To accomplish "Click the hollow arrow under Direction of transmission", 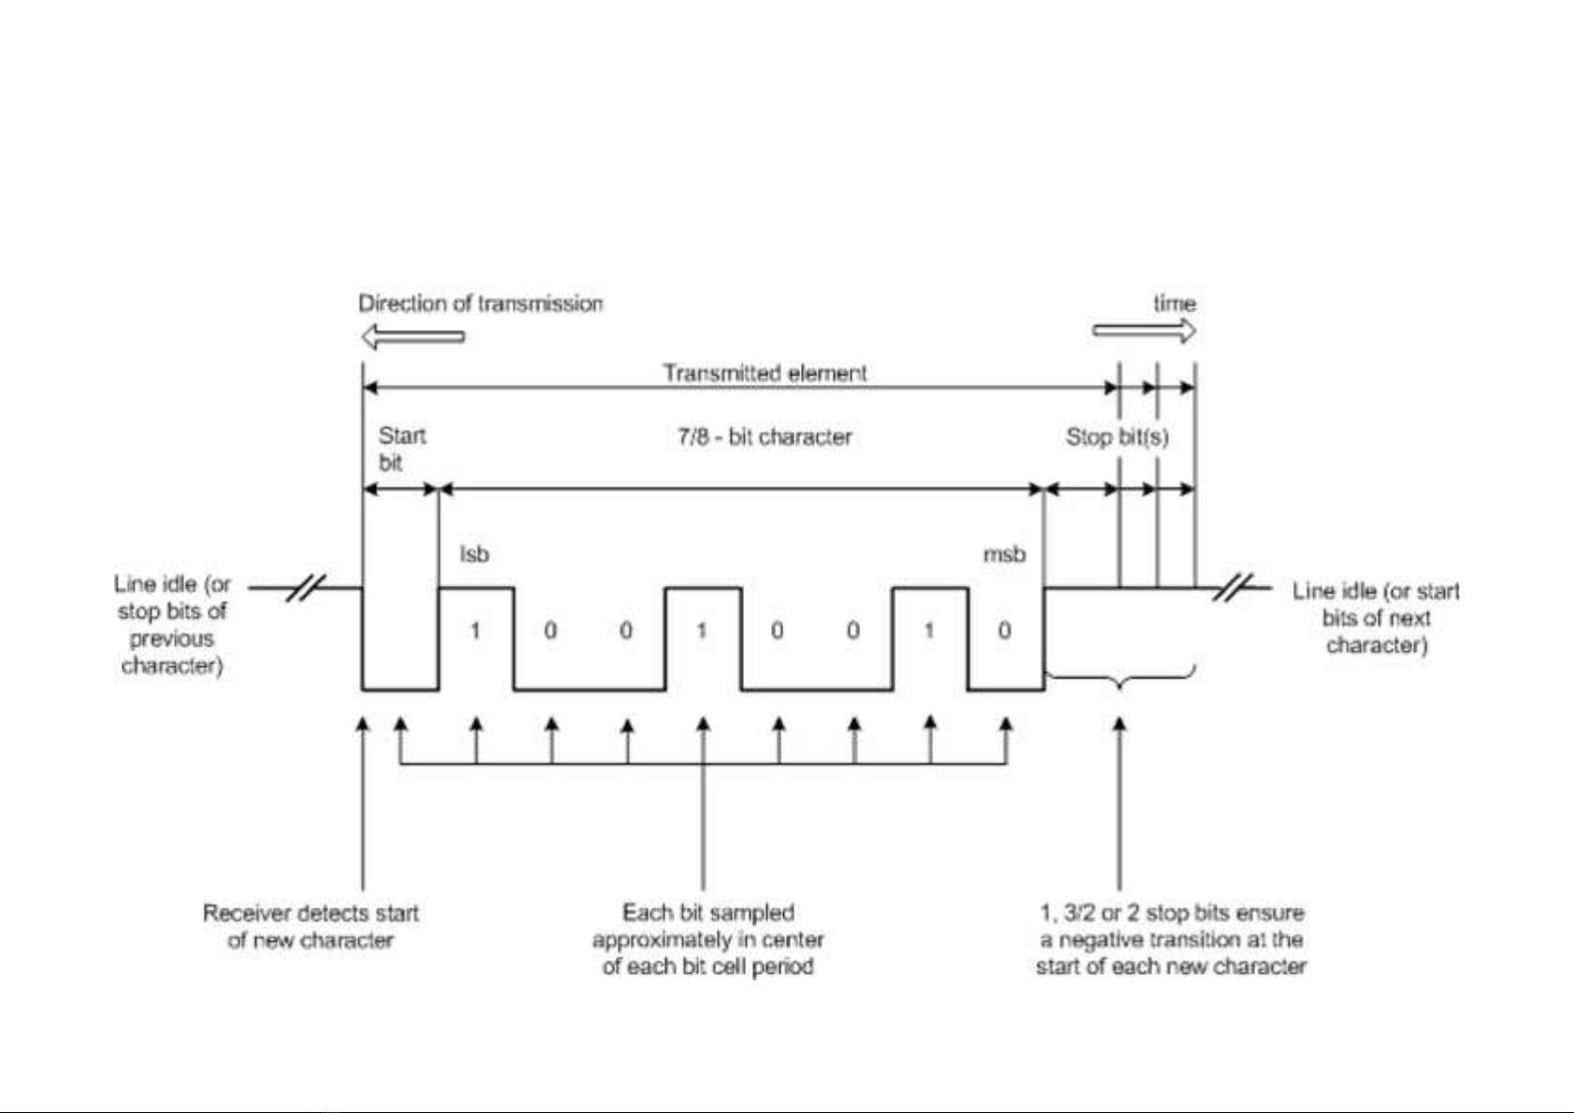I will click(412, 336).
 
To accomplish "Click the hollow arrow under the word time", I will click(1143, 331).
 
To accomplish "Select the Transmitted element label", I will click(765, 373).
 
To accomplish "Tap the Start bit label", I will click(401, 449).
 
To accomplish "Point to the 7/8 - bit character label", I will click(765, 436).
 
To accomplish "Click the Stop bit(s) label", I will click(1117, 436).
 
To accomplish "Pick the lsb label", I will click(474, 554).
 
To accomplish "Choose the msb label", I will click(1004, 554).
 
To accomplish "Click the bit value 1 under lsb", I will click(475, 631).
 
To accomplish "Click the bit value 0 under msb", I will click(1004, 631).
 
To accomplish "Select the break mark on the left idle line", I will click(304, 588).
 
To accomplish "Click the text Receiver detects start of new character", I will click(310, 926).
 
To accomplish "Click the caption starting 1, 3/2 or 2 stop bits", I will click(1171, 939).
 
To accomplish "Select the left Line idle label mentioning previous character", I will click(172, 624).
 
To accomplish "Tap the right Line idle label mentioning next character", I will click(1375, 618).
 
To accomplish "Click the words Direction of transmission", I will click(479, 303).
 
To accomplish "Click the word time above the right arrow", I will click(1174, 303).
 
